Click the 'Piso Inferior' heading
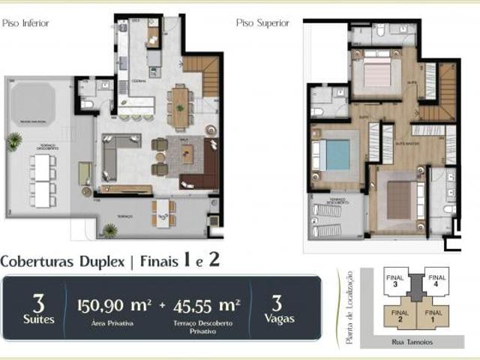[25, 23]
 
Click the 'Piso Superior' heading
[262, 23]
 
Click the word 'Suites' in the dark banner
[38, 318]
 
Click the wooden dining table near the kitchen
[180, 106]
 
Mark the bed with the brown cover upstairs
[399, 199]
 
